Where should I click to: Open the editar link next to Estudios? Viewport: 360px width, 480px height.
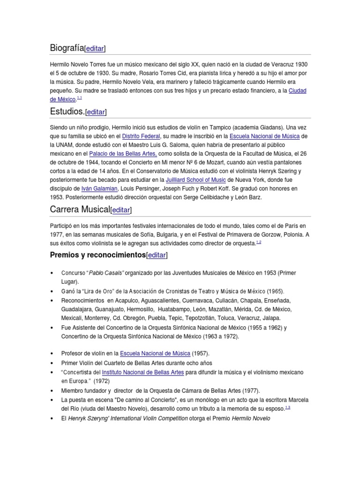point(96,112)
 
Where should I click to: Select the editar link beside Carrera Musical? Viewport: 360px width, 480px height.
point(121,210)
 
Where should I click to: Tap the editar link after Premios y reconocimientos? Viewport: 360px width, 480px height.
point(157,255)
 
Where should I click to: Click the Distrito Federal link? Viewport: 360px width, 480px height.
point(141,136)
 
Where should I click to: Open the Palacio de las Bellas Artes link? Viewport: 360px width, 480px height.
point(123,153)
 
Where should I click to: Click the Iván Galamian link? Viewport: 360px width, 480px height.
point(99,188)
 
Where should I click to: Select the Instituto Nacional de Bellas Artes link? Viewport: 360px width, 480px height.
point(142,372)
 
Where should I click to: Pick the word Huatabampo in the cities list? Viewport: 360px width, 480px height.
point(176,309)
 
